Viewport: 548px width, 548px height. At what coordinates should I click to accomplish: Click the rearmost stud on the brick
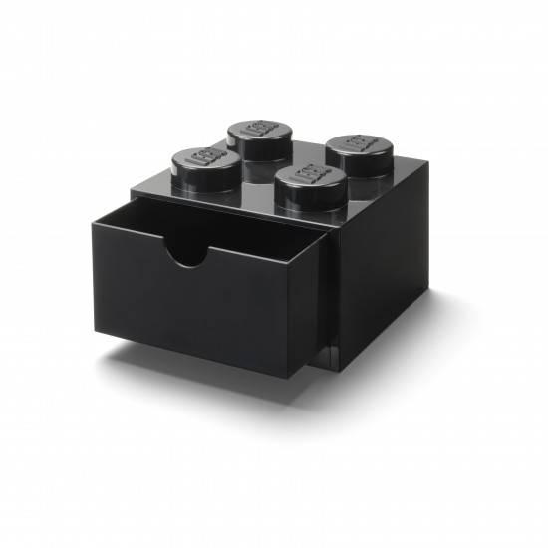tap(257, 136)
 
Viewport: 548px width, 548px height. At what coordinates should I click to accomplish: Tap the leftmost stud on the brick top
tap(200, 163)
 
